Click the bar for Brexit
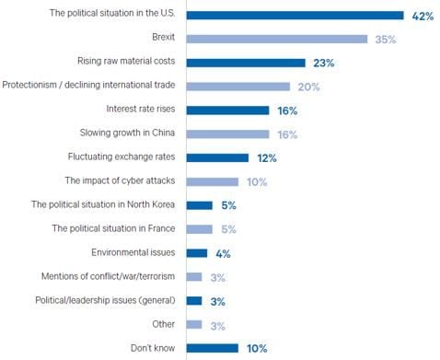[277, 39]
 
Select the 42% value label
[422, 15]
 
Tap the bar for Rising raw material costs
[246, 63]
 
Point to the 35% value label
[385, 39]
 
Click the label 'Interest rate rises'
[136, 110]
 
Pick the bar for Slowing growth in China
[227, 134]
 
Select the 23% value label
[323, 63]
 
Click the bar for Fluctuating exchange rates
[217, 157]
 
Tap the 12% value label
[267, 157]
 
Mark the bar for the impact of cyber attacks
[212, 181]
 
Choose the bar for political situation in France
[199, 228]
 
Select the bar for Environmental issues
[196, 252]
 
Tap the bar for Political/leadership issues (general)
[193, 300]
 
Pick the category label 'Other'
[164, 324]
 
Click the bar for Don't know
[212, 347]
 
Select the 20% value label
[307, 87]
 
